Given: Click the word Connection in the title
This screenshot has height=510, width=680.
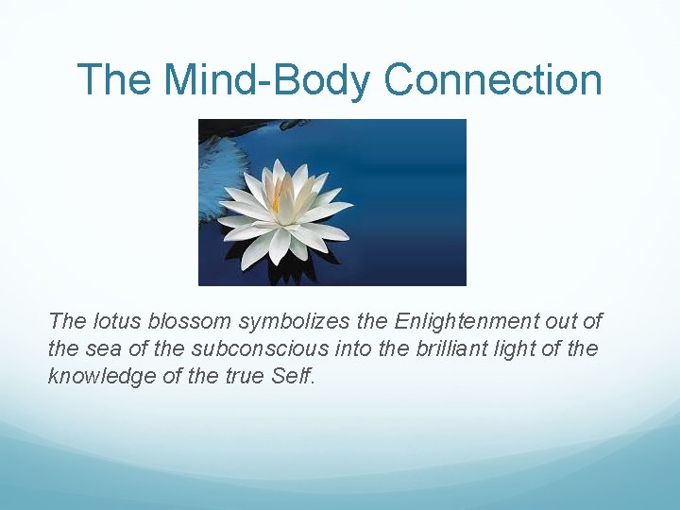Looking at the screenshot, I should point(493,80).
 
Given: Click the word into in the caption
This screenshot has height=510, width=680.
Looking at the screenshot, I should point(360,348).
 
